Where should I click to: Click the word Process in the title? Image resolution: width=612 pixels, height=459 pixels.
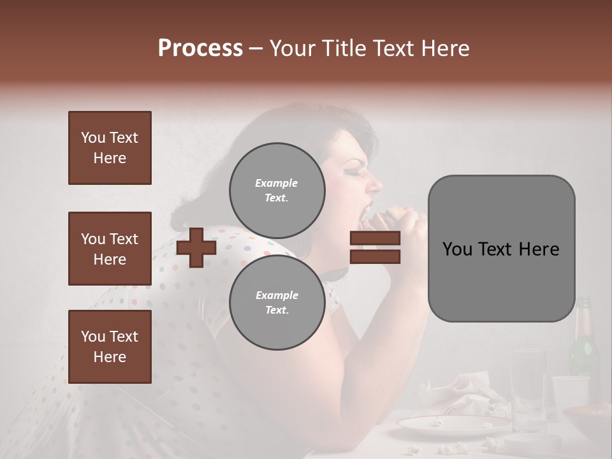point(200,48)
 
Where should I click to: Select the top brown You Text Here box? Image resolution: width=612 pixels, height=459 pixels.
point(110,148)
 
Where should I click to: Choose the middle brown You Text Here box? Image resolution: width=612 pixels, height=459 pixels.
point(110,249)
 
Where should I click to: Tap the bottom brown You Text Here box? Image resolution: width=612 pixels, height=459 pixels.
point(110,346)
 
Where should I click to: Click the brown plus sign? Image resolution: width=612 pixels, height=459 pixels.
point(196,247)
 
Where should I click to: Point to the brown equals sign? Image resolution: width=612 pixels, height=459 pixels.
point(375,247)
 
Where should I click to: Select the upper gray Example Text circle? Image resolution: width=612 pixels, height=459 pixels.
point(277,191)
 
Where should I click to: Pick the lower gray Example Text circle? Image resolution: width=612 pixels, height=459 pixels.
point(277,303)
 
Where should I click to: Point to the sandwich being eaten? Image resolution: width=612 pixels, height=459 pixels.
point(389,217)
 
